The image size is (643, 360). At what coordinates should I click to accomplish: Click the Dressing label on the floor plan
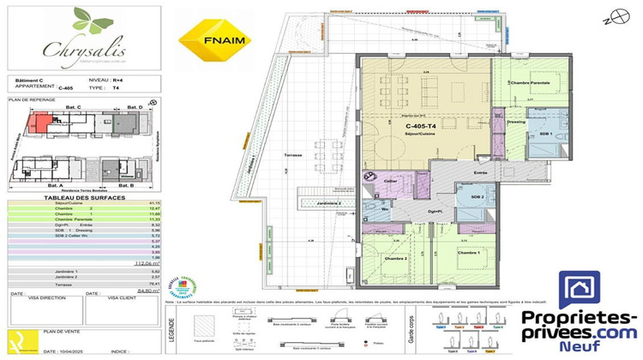pyautogui.click(x=516, y=121)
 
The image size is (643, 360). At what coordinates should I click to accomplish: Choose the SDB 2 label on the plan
pyautogui.click(x=478, y=198)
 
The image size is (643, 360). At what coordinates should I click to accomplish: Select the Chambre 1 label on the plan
pyautogui.click(x=466, y=254)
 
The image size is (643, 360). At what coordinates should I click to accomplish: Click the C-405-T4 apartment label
pyautogui.click(x=422, y=126)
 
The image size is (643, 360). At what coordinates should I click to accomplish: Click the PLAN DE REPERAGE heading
pyautogui.click(x=30, y=100)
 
